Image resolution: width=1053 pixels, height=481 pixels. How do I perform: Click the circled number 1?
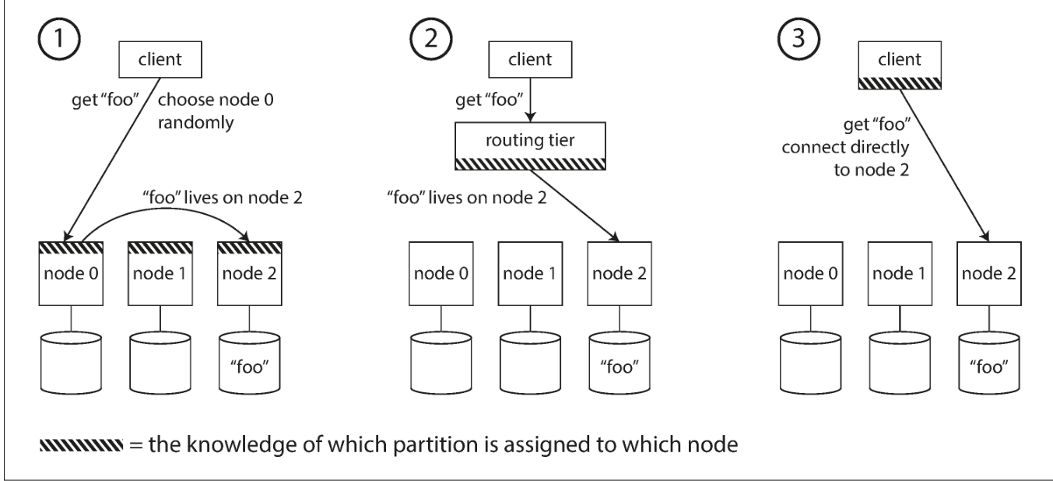point(59,39)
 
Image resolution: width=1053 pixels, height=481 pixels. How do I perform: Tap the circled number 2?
point(430,39)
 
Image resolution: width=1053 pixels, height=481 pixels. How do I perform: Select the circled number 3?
point(799,39)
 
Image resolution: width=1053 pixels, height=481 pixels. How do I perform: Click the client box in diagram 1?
point(160,59)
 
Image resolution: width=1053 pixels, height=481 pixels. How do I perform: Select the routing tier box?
point(530,146)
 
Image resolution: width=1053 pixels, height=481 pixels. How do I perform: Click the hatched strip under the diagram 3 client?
point(900,83)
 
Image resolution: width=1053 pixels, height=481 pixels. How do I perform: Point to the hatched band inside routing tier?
point(530,163)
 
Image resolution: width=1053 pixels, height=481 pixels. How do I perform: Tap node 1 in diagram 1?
point(160,274)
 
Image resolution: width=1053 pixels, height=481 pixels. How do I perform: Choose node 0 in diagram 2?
point(441,274)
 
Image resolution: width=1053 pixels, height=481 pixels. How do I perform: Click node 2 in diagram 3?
point(989,274)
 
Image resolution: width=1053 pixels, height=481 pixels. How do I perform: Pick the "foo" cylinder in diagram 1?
point(250,363)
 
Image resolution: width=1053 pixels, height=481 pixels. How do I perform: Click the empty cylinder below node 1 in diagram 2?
point(530,363)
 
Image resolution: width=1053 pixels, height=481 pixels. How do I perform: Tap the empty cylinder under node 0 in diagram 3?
point(810,363)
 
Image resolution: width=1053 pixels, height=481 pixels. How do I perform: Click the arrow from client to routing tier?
point(530,100)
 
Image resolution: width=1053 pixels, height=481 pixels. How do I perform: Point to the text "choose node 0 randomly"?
point(216,111)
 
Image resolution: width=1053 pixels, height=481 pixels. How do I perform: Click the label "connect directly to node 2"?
point(845,159)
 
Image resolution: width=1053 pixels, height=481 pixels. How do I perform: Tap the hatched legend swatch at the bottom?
point(81,445)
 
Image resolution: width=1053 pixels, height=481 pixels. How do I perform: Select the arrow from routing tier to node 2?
point(574,205)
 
